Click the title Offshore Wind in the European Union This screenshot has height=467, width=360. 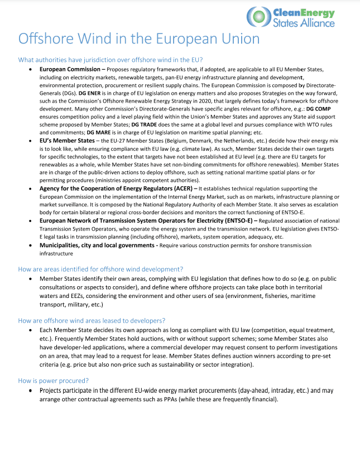[138, 38]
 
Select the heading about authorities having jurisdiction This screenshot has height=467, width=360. [110, 60]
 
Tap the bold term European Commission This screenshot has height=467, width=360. [70, 69]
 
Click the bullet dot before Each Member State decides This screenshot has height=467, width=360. [30, 330]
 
